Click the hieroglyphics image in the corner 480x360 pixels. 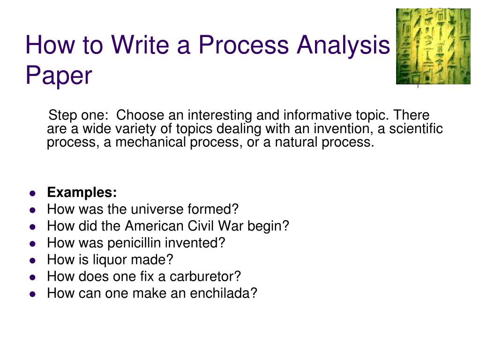click(433, 46)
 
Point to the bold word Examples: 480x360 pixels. click(82, 193)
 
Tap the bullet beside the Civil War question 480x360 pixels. click(32, 227)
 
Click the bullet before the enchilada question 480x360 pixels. click(32, 294)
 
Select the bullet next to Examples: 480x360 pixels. click(32, 193)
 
